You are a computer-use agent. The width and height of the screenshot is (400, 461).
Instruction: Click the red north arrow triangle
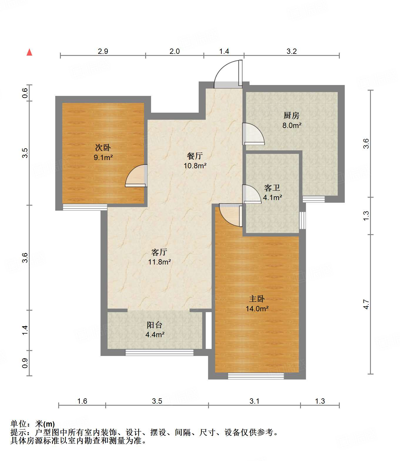29,52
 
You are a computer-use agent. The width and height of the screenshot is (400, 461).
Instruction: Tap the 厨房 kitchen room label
292,116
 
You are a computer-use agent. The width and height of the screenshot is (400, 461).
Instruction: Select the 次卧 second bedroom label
103,147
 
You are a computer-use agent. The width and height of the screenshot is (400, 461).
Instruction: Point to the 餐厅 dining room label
195,156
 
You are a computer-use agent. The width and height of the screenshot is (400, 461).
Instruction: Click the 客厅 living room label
159,252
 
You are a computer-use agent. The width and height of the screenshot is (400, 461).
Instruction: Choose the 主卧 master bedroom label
257,299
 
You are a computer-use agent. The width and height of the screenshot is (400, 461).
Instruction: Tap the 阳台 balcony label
155,325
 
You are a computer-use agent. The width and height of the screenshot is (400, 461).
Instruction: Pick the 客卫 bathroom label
272,188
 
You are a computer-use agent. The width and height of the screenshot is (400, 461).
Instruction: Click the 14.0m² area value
257,309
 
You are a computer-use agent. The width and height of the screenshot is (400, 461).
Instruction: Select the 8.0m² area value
292,125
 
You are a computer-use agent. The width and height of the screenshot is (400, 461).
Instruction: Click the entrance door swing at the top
228,74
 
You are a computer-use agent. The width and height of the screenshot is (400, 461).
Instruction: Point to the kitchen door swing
253,134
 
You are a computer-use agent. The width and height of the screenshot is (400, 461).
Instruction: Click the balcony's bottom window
160,352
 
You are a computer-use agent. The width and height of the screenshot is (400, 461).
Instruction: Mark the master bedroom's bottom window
256,376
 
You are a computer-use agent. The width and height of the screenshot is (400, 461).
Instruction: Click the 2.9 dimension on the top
103,51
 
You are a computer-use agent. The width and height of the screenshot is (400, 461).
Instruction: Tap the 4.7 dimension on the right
366,304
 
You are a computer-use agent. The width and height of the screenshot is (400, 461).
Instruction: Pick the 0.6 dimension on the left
25,93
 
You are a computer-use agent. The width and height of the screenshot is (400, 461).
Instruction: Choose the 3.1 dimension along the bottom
255,401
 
